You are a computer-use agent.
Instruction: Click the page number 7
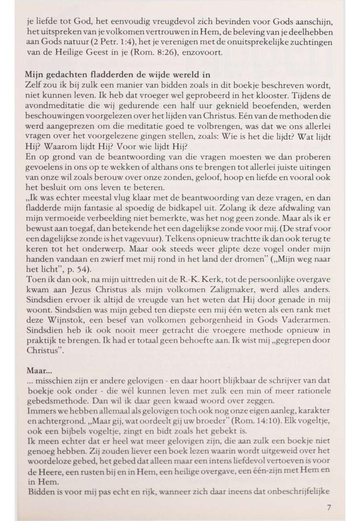[x=329, y=508]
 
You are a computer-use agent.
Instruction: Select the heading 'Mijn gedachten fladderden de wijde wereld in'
[x=118, y=75]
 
